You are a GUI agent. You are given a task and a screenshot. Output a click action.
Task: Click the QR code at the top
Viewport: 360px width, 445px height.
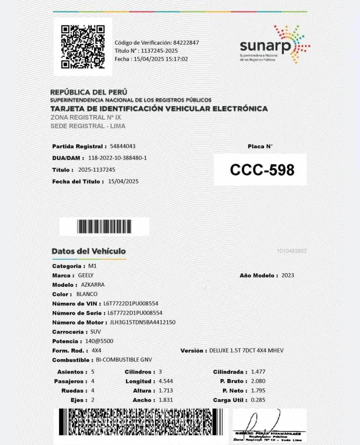point(83,47)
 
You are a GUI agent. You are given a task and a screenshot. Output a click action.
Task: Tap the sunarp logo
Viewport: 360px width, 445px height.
point(275,44)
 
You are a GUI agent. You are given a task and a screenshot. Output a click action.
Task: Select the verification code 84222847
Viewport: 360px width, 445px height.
point(186,43)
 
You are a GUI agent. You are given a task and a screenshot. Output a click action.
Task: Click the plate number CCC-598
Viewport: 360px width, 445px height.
point(262,170)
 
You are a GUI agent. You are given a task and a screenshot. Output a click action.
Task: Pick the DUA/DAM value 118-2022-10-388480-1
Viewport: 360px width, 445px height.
point(118,158)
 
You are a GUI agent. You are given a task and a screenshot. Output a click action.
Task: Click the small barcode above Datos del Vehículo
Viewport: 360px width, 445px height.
point(104,227)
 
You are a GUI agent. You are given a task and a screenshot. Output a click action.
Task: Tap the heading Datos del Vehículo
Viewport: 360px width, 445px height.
point(89,251)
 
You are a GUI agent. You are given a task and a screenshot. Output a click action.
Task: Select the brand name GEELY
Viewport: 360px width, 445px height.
point(86,275)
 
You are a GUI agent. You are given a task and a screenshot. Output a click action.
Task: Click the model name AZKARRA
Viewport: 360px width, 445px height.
point(93,285)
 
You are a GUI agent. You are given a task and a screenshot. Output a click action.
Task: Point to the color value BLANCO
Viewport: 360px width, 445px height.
point(87,294)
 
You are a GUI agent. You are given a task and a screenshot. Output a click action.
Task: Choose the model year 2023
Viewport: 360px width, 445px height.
point(288,275)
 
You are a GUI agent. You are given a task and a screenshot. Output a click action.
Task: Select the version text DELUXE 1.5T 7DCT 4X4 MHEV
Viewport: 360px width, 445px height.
point(246,350)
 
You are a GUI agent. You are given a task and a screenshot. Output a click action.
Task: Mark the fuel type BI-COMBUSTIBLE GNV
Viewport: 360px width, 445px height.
point(124,360)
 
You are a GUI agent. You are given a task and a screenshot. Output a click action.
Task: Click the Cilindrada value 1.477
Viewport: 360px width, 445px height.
point(258,372)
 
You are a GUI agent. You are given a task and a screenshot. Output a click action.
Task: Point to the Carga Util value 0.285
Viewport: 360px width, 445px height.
point(258,400)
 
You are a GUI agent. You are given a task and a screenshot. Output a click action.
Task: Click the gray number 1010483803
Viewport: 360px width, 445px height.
point(291,251)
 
